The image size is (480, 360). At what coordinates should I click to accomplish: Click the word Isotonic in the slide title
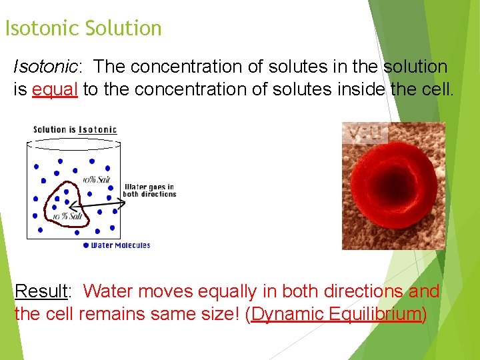(42, 29)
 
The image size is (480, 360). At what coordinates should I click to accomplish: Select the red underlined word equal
(55, 89)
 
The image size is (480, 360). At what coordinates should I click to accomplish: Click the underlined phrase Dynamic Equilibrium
(336, 314)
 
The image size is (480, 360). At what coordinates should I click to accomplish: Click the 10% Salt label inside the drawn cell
(67, 217)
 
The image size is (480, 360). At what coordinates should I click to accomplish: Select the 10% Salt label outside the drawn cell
(97, 180)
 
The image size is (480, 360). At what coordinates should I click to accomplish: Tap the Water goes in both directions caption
(149, 191)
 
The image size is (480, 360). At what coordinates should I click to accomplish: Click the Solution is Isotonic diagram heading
(75, 129)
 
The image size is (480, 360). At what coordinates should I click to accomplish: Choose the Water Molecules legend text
(121, 245)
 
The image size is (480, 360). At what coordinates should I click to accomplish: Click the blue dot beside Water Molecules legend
(86, 245)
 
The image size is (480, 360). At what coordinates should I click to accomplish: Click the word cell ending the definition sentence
(437, 89)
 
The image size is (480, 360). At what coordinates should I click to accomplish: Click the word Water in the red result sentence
(111, 292)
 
